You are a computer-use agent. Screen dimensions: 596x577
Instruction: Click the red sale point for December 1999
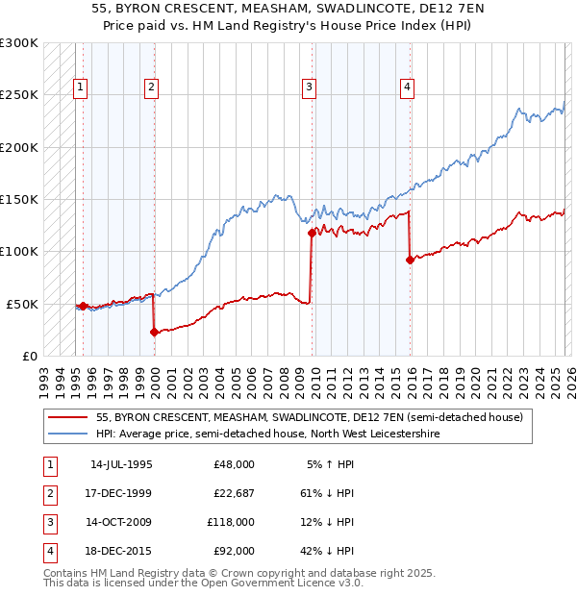coord(154,333)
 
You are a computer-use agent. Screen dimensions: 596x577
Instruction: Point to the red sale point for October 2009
coord(312,233)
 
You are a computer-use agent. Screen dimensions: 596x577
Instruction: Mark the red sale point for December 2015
coord(411,260)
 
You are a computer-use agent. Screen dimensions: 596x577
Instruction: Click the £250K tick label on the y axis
coord(19,95)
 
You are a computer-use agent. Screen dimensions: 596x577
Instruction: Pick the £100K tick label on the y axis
coord(19,251)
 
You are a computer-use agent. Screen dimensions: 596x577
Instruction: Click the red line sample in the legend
coord(67,418)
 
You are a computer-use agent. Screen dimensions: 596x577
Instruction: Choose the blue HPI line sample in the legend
coord(67,434)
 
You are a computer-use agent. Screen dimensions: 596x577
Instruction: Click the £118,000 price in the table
coord(230,522)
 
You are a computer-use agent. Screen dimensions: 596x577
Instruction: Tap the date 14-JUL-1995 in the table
coord(121,464)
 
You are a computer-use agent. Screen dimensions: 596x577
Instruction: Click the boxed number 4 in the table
coord(48,552)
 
